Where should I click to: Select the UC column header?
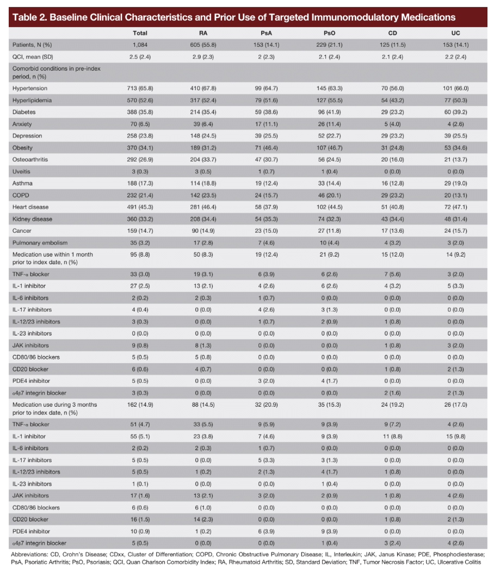tap(455, 33)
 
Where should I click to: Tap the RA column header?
tap(204, 33)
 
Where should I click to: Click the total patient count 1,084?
tap(140, 45)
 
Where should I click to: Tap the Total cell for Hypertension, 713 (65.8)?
tap(140, 88)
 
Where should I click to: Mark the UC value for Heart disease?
tap(456, 206)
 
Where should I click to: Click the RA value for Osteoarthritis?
tap(204, 159)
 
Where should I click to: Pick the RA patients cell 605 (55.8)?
tap(204, 45)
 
